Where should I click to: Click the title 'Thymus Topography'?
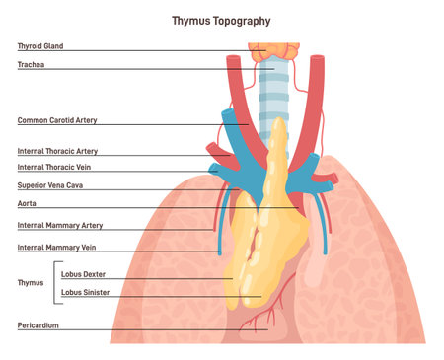tap(221, 20)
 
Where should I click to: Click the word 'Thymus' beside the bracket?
tap(31, 282)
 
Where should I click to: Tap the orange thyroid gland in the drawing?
tap(270, 51)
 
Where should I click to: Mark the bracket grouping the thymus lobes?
tap(53, 283)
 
